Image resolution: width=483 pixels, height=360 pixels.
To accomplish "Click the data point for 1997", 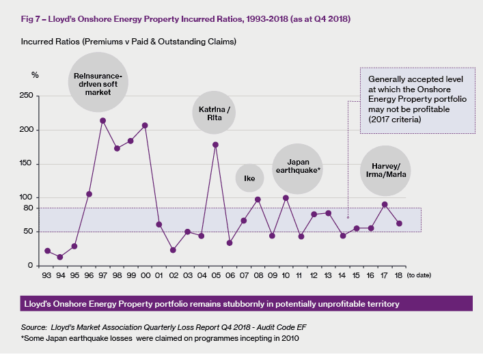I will tap(102, 121).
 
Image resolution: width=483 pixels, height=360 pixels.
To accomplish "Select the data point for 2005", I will tap(215, 145).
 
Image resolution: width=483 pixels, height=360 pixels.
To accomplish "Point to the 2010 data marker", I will tap(286, 198).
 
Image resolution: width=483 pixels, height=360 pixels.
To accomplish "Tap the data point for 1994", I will tap(60, 258).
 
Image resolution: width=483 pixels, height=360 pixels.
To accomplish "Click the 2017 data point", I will tap(385, 204).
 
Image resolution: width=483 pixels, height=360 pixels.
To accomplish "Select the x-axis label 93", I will tap(47, 277).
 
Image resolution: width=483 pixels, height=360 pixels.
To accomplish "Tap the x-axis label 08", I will tap(258, 277).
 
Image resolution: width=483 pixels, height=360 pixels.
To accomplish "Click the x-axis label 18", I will tap(398, 277).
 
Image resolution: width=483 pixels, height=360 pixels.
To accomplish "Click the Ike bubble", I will tap(249, 179).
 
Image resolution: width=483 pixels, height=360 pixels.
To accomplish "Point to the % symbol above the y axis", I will tap(35, 74).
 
